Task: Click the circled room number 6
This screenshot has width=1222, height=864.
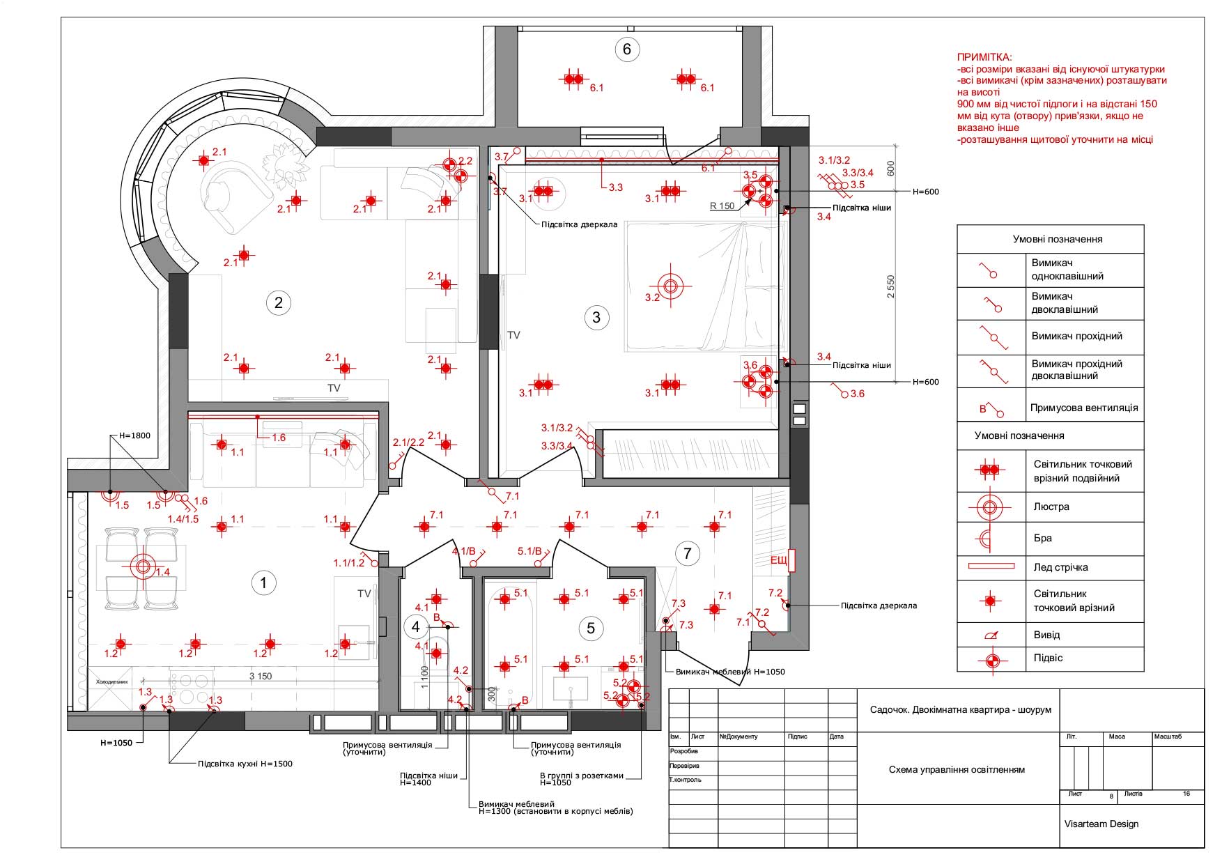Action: (x=627, y=49)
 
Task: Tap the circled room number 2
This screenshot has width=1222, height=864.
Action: (x=279, y=302)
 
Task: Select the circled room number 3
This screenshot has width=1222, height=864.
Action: (x=596, y=318)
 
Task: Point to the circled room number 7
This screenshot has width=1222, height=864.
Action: (x=688, y=553)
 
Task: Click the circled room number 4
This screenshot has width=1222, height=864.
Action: (x=416, y=626)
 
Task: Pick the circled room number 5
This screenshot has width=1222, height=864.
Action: (x=591, y=628)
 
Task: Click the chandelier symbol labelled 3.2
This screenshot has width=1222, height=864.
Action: (x=670, y=286)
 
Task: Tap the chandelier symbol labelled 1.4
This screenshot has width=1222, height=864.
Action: (x=144, y=566)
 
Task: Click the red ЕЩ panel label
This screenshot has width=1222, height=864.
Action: (x=778, y=560)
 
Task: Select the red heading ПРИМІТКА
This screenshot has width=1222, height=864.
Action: (x=985, y=57)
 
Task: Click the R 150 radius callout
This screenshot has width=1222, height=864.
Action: (x=722, y=206)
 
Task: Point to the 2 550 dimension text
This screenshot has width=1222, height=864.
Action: (x=891, y=286)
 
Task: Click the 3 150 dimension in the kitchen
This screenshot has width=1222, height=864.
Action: (x=261, y=676)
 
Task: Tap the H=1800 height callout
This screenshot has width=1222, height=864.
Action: (x=134, y=435)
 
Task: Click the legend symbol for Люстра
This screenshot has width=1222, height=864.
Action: (x=989, y=507)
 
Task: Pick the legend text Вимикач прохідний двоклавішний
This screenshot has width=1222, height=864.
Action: (x=1076, y=370)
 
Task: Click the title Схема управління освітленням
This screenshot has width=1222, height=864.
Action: (x=957, y=769)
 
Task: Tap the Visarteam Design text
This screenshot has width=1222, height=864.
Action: (x=1101, y=824)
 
